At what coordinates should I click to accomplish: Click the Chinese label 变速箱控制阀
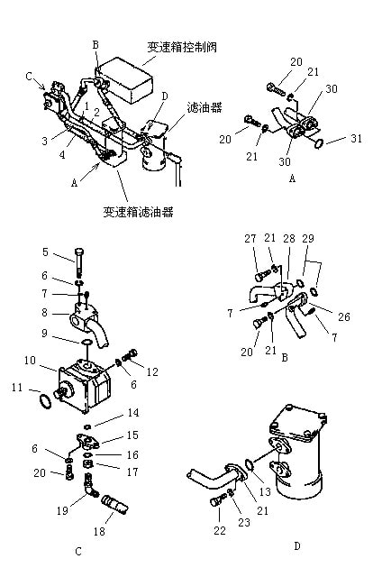click(182, 47)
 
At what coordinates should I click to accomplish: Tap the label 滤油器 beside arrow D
click(205, 107)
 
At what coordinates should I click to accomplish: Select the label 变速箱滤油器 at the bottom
click(138, 212)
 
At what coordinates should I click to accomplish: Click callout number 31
click(356, 138)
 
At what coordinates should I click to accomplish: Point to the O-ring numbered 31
click(319, 143)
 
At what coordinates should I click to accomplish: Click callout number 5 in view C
click(45, 252)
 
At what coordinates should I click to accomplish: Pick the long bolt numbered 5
click(80, 262)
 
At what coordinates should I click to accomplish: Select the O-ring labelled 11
click(45, 401)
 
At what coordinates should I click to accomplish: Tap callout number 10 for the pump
click(30, 361)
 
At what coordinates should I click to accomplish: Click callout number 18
click(99, 531)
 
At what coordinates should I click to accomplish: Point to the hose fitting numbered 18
click(114, 504)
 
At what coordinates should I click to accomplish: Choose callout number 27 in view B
click(250, 239)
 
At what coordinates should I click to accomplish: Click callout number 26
click(344, 316)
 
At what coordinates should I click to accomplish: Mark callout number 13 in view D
click(265, 491)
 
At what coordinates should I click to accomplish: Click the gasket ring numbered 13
click(250, 464)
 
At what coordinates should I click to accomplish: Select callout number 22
click(220, 530)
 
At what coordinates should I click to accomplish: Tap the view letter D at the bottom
click(297, 546)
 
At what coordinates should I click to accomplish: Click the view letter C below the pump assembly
click(78, 551)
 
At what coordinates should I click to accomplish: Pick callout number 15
click(132, 435)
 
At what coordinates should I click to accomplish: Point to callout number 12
click(152, 371)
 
